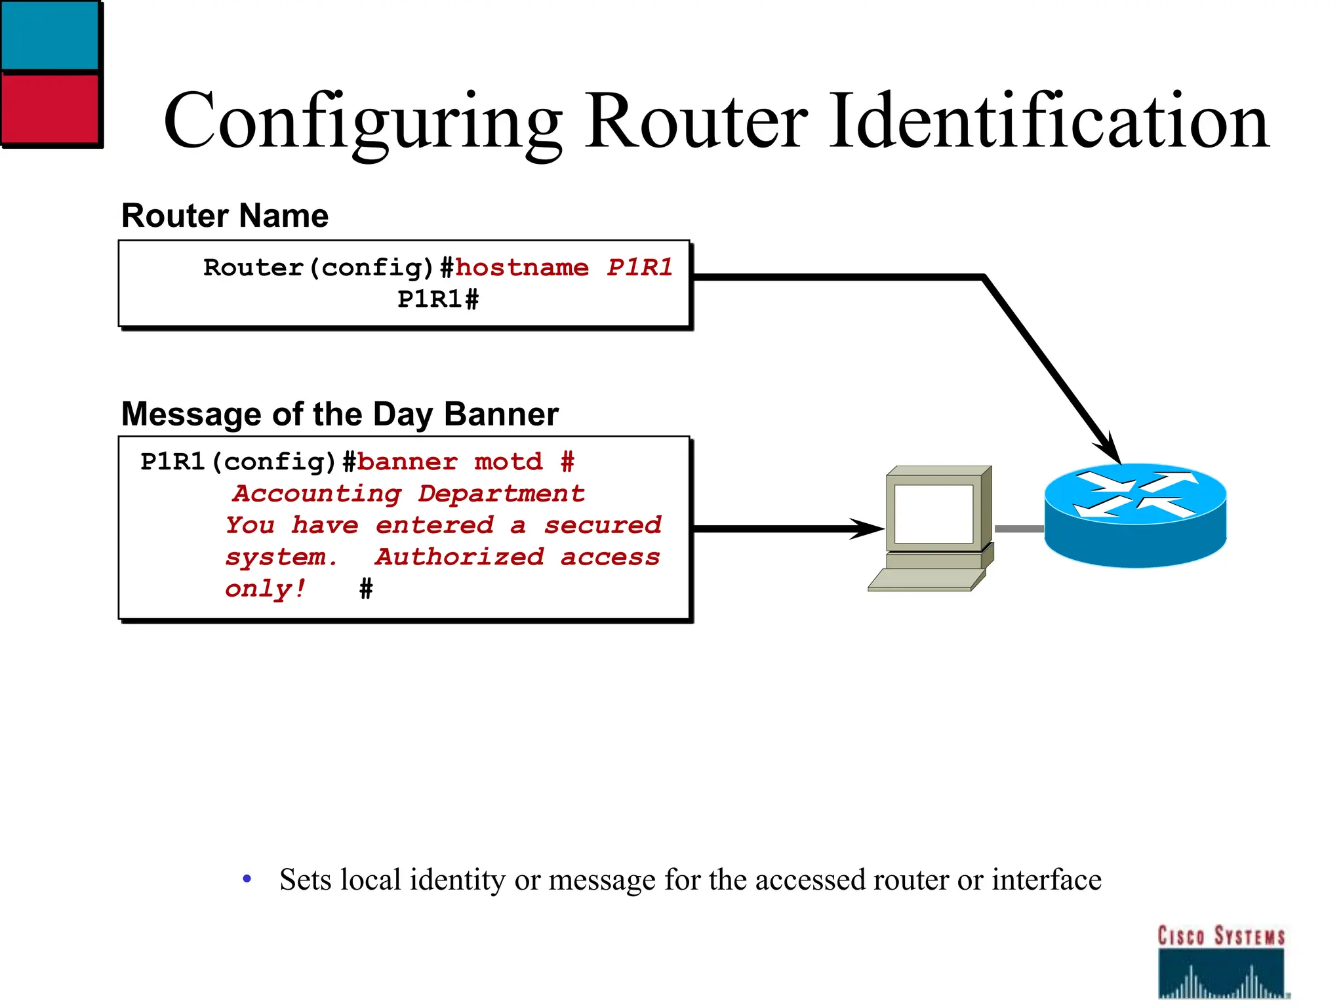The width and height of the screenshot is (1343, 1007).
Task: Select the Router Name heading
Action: [225, 216]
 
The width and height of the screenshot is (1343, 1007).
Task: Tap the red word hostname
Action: [522, 267]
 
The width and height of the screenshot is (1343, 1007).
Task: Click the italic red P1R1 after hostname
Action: [639, 267]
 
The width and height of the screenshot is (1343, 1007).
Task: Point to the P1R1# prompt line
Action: [438, 300]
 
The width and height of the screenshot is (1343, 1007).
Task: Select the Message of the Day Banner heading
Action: [340, 414]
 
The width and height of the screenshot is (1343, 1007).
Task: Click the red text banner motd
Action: [450, 462]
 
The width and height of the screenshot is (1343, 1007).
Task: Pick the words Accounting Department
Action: [409, 494]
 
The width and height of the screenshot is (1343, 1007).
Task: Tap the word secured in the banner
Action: [603, 525]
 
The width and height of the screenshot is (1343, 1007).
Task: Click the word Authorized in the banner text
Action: [459, 557]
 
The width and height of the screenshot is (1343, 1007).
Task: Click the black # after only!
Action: [366, 589]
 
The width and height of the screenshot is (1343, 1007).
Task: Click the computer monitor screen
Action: [933, 514]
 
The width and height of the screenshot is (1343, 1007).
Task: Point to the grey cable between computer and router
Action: [1019, 528]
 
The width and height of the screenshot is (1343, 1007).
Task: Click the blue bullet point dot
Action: [247, 879]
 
